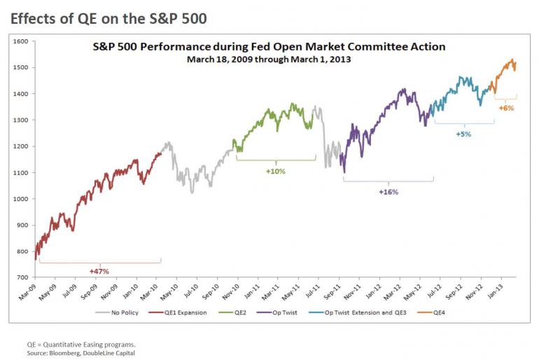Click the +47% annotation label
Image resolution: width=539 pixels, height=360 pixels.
99,271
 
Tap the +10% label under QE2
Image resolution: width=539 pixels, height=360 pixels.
276,171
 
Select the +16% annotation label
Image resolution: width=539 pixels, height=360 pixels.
388,192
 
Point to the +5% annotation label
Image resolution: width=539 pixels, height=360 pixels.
463,134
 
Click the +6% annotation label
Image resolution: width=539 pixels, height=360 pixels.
506,108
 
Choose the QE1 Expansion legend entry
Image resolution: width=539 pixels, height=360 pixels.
184,312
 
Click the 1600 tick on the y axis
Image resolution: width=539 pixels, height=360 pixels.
20,42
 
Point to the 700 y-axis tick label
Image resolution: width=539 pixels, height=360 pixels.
22,278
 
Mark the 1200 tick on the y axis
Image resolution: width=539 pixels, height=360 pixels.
20,147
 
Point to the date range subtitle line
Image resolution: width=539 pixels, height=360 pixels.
269,60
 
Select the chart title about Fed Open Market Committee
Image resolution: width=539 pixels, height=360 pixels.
269,47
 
